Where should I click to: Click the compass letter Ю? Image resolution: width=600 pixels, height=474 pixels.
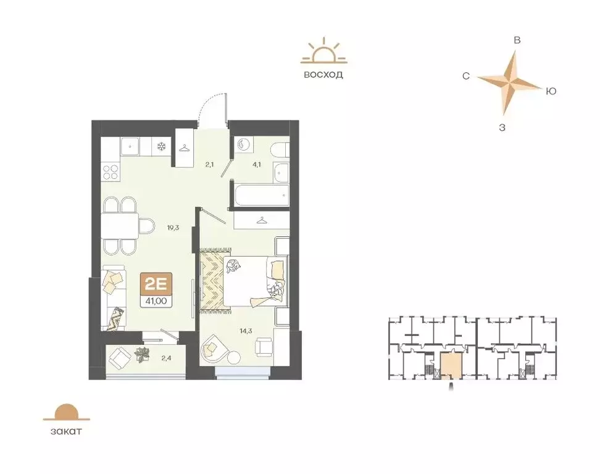coord(551,91)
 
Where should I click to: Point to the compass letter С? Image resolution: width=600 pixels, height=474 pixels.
coord(467,76)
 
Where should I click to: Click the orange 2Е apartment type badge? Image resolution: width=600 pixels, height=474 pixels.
coord(157,285)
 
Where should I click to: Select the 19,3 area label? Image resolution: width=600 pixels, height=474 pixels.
coord(173,227)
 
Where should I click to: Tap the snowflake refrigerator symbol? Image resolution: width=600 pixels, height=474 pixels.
coord(162,147)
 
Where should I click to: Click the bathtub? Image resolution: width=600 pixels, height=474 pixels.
coord(259,196)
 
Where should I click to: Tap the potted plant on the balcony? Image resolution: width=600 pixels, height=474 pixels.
coord(143,354)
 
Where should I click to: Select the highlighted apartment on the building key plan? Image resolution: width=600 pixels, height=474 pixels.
coord(449,367)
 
